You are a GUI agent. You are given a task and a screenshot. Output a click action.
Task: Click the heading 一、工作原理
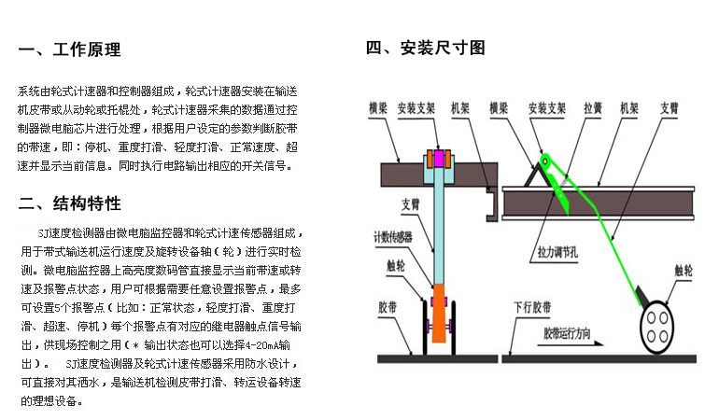pos(69,49)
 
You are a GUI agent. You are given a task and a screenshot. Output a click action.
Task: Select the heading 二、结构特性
pos(69,203)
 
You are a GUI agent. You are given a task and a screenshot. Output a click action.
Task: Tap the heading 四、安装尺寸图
pos(425,48)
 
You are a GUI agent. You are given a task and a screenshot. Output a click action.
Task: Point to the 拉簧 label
pos(592,108)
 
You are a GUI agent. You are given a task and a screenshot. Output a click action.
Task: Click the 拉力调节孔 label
pos(557,252)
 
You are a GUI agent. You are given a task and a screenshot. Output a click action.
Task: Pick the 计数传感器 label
pos(392,236)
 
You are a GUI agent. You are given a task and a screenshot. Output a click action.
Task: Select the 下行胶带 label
pos(532,307)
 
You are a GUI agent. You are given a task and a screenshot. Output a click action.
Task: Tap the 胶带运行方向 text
pos(567,333)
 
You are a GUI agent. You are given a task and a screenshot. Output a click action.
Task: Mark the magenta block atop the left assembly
pos(439,159)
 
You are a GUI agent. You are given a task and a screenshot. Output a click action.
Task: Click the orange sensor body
pos(439,314)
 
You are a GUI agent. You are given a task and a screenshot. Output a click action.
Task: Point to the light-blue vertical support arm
pos(439,226)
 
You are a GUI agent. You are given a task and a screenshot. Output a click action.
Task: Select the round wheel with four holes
pos(656,328)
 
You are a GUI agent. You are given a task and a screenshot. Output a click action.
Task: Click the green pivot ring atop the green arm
pos(545,161)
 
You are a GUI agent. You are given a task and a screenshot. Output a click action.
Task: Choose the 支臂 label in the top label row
pos(669,108)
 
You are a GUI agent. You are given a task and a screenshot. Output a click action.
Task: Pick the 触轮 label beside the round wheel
pos(684,271)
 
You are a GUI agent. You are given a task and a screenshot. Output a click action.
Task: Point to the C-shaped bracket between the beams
pos(492,205)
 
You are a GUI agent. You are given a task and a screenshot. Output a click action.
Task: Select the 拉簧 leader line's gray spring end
pos(564,180)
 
